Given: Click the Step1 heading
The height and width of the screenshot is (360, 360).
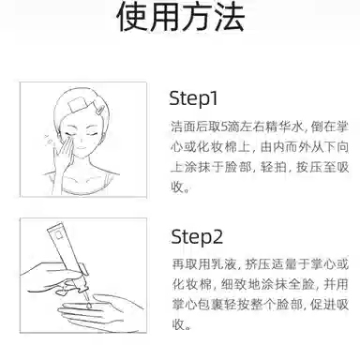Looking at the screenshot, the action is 193,98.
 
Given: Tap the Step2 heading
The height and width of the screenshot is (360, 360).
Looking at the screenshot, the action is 197,237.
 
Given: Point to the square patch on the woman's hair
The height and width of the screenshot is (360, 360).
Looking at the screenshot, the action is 78,103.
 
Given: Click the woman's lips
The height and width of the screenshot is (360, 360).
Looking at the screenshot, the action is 82,148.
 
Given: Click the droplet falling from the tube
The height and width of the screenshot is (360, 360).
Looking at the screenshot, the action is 89,305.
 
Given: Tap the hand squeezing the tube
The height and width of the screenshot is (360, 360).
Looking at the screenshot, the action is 53,277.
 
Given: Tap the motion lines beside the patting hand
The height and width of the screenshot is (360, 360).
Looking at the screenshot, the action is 48,140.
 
